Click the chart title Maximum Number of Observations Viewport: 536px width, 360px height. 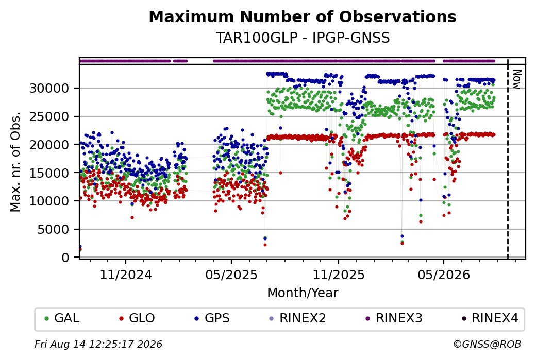[x=303, y=16]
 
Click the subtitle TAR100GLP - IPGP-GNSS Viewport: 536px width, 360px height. [x=303, y=38]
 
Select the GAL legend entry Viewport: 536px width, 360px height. [x=62, y=318]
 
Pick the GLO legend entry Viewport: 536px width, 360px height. [x=137, y=318]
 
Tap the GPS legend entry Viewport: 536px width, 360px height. [x=212, y=318]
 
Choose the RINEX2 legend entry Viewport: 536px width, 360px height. [x=297, y=318]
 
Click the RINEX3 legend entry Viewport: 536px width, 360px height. [x=394, y=318]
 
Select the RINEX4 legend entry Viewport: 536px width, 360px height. [x=490, y=318]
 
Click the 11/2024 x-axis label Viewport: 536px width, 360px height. [x=125, y=275]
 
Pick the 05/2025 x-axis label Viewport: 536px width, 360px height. [x=231, y=275]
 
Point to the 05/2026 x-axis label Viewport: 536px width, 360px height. [x=444, y=275]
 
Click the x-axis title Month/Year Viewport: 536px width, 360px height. [x=303, y=293]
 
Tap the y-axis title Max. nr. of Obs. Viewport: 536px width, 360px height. [x=15, y=162]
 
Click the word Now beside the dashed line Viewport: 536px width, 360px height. [x=517, y=79]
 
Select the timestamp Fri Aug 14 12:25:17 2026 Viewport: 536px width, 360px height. [x=98, y=344]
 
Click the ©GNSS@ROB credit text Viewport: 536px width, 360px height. [x=487, y=344]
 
